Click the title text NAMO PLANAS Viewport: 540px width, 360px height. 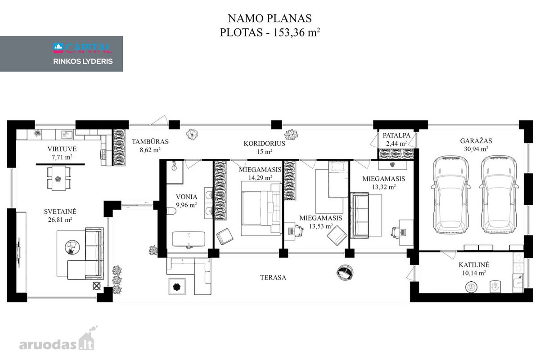[x=270, y=18]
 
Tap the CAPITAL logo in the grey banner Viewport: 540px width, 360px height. [x=82, y=48]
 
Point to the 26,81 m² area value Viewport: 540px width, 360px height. [x=60, y=220]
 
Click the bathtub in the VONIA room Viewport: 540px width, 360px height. [x=189, y=239]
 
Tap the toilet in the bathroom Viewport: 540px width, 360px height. [x=171, y=211]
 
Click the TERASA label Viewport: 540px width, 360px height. [x=273, y=278]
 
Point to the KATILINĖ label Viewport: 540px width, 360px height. [x=474, y=265]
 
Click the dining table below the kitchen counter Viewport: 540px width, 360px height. [x=58, y=178]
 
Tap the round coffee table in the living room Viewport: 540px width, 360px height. [x=72, y=247]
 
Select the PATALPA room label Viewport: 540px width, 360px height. [x=396, y=135]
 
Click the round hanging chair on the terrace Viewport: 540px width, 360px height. [x=345, y=272]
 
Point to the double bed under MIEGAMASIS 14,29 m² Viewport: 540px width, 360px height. [x=261, y=208]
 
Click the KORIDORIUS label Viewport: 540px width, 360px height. [x=264, y=144]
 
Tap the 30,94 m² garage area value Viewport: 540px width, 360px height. [x=476, y=149]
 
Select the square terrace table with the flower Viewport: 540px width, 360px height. [x=177, y=287]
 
